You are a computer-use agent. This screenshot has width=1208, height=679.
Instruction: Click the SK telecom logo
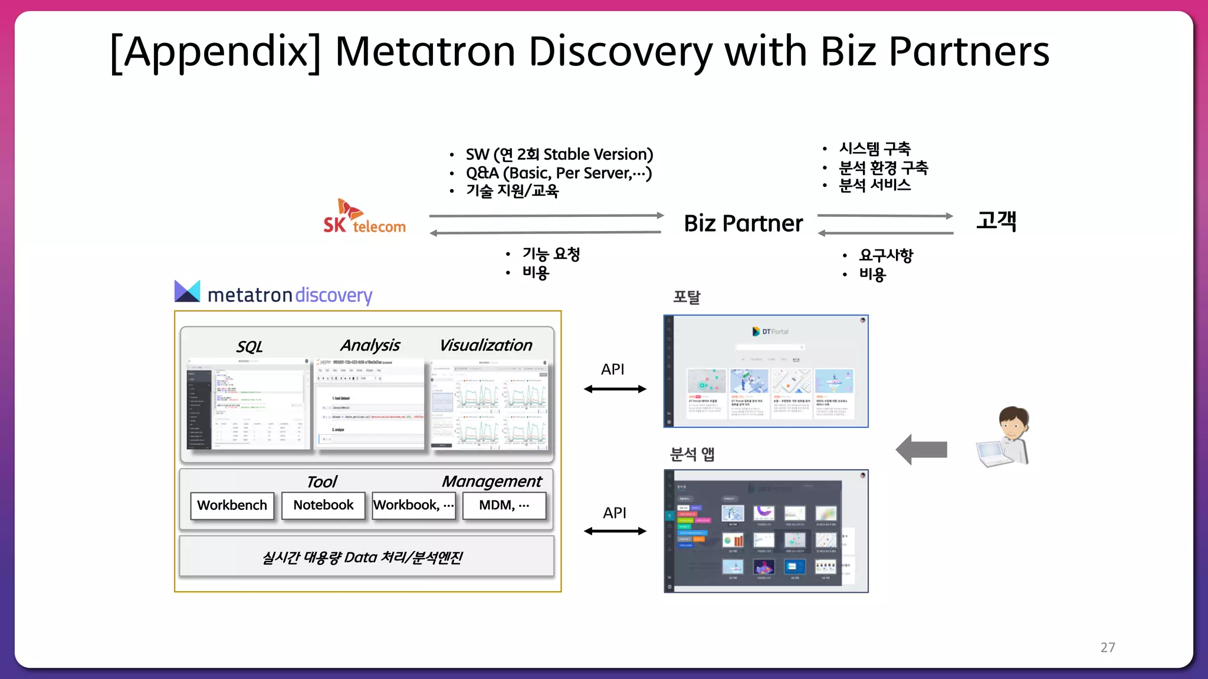pyautogui.click(x=364, y=217)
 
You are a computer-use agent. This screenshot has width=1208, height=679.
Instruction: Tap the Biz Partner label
pyautogui.click(x=743, y=223)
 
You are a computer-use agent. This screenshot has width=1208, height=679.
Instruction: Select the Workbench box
pyautogui.click(x=232, y=505)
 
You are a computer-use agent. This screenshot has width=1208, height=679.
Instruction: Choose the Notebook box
pyautogui.click(x=323, y=505)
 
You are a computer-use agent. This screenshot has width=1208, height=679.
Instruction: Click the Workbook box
pyautogui.click(x=413, y=505)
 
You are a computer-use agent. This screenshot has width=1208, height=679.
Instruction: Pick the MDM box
pyautogui.click(x=504, y=505)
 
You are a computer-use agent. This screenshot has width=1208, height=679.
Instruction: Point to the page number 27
pyautogui.click(x=1108, y=647)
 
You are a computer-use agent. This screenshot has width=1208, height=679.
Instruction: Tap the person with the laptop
pyautogui.click(x=1005, y=437)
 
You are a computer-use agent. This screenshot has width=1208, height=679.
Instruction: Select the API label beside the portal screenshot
pyautogui.click(x=612, y=370)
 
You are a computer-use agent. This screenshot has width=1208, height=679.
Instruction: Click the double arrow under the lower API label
pyautogui.click(x=615, y=531)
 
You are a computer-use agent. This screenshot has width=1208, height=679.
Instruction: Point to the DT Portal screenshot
pyautogui.click(x=766, y=371)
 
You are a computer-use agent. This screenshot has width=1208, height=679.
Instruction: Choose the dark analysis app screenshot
pyautogui.click(x=766, y=530)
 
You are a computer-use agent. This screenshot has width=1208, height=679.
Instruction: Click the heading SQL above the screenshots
pyautogui.click(x=250, y=347)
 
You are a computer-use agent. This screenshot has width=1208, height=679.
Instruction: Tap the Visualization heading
pyautogui.click(x=485, y=345)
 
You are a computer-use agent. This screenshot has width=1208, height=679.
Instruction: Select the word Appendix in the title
pyautogui.click(x=216, y=51)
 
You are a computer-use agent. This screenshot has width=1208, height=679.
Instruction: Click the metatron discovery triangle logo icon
pyautogui.click(x=188, y=291)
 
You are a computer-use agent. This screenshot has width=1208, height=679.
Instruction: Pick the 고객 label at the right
pyautogui.click(x=996, y=221)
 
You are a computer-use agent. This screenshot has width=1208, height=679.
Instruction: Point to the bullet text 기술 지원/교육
pyautogui.click(x=512, y=191)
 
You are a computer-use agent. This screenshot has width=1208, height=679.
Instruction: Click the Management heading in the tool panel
pyautogui.click(x=491, y=482)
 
